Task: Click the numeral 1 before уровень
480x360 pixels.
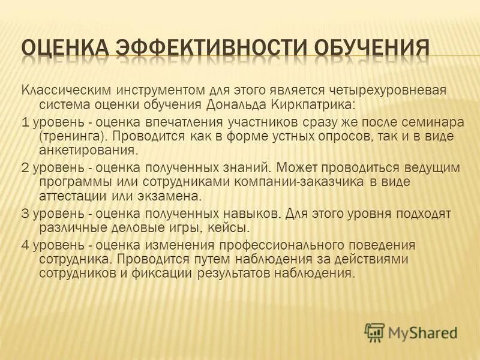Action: (x=25, y=122)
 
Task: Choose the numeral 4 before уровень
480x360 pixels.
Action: (x=25, y=245)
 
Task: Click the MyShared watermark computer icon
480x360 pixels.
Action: (x=374, y=332)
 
